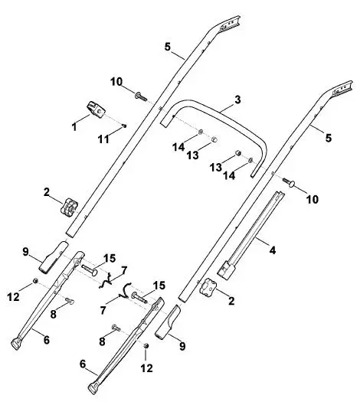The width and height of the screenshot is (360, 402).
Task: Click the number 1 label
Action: coord(74,126)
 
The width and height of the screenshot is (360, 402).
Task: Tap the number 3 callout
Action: coord(237,100)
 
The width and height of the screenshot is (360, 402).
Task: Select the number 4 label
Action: coord(273,250)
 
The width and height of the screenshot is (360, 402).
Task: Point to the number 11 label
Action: coord(103,139)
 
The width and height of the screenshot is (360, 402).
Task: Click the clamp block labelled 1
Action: coord(95,109)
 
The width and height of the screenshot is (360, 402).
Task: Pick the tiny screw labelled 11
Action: coord(124,126)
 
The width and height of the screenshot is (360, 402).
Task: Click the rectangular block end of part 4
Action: coord(226,270)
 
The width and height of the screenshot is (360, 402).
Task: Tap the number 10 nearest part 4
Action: coord(312,199)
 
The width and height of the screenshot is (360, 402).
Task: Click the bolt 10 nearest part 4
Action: coord(289,181)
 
